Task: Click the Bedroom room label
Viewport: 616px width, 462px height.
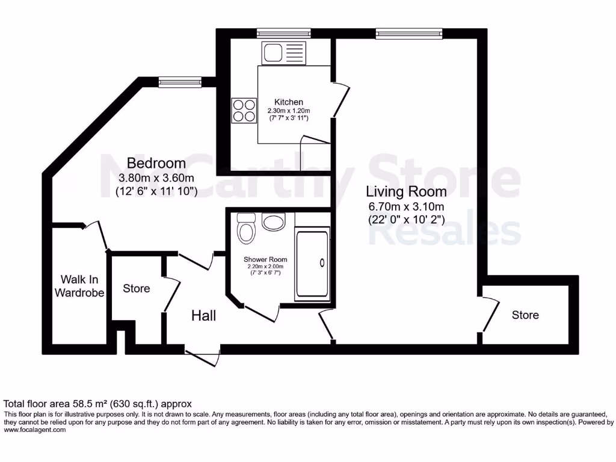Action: [156, 163]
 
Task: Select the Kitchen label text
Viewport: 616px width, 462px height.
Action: [289, 102]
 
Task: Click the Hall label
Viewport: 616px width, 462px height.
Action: [204, 315]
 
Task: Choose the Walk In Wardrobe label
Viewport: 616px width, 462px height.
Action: [79, 286]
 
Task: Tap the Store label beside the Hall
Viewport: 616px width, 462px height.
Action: [137, 288]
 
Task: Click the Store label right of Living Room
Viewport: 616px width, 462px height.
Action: [525, 315]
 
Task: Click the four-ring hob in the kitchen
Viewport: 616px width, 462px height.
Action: [244, 110]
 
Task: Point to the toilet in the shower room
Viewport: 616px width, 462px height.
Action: [246, 229]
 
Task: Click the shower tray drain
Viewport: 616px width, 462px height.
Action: [322, 262]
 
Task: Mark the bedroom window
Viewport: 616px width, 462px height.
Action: [180, 81]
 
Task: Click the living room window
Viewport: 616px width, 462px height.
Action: [408, 32]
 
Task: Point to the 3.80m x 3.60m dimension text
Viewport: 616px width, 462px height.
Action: [156, 178]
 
